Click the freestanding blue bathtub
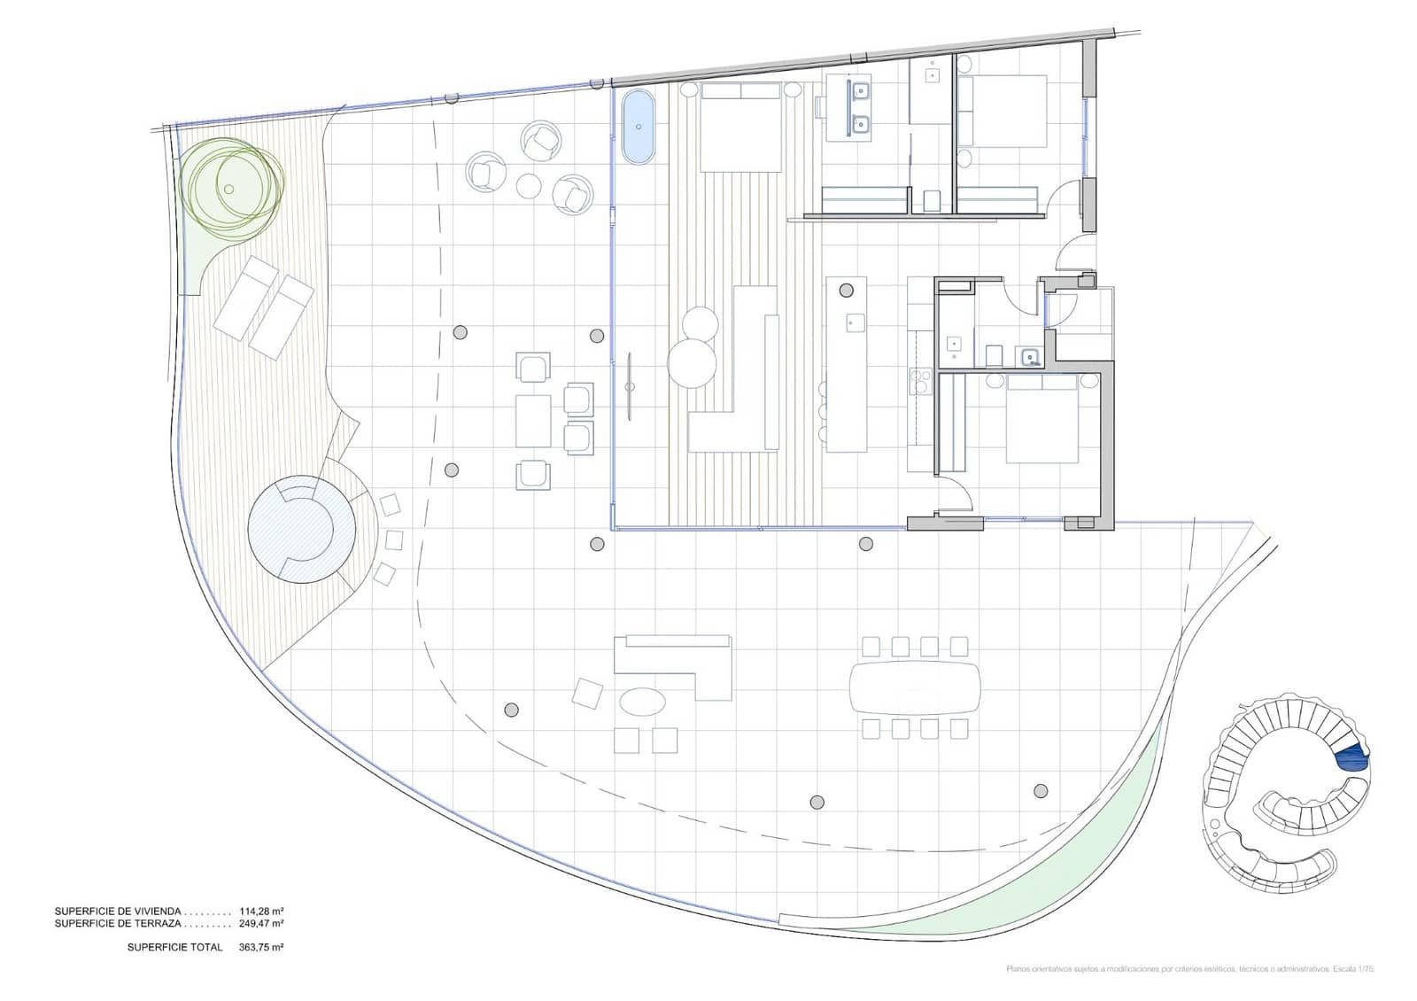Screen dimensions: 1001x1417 (638, 127)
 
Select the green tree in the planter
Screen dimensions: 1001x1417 (232, 187)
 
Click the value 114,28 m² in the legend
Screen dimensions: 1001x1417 (261, 911)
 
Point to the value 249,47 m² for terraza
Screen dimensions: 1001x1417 (261, 923)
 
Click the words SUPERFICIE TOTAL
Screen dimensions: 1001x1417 (174, 947)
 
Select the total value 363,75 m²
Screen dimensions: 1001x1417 (261, 947)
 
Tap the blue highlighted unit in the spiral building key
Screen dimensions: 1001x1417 (1352, 758)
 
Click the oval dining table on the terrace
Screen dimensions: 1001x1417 (915, 687)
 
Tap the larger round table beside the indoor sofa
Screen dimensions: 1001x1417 (691, 363)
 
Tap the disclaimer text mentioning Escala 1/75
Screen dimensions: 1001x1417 (1190, 969)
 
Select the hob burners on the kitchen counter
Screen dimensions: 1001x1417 (918, 381)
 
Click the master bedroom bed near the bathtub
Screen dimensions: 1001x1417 (741, 128)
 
